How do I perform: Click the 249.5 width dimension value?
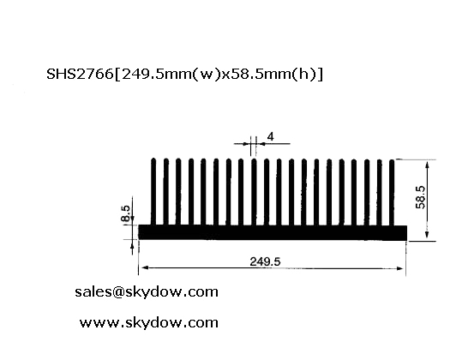click(265, 261)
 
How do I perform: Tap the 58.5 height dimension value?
click(420, 197)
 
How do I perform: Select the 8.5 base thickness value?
click(125, 213)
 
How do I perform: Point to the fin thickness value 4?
click(271, 137)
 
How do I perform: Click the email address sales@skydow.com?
click(147, 292)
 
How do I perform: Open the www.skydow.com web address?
click(149, 323)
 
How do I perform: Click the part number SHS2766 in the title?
click(80, 74)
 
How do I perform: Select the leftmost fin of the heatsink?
click(153, 192)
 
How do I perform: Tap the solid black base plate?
click(273, 232)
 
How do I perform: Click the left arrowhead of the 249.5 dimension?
click(145, 267)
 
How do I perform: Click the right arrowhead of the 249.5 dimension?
click(399, 268)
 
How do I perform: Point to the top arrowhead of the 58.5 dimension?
click(427, 165)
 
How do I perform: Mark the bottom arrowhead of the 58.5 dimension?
click(427, 235)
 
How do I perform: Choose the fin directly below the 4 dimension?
click(254, 192)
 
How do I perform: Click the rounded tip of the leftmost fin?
click(153, 159)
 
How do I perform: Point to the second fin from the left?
click(166, 192)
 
